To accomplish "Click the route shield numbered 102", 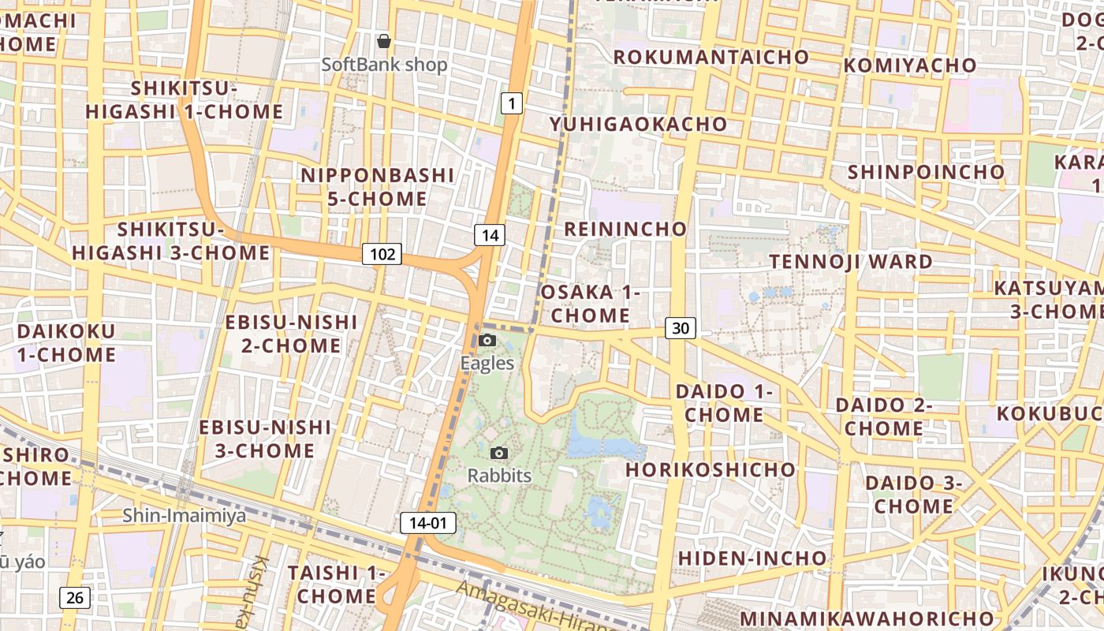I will pos(382,254).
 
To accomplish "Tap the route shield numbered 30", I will pos(681,328).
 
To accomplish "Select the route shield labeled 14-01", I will pos(428,522).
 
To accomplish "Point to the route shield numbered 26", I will pos(75,598).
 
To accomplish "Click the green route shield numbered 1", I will pos(512,103).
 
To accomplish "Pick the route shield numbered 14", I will pos(490,234).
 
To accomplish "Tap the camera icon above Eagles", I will pos(487,340).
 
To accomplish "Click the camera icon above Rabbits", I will pos(499,453).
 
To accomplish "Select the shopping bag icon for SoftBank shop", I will pos(384,41).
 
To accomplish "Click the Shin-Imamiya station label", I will pos(184,516).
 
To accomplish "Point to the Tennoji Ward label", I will pos(851,261).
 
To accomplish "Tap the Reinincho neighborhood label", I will pos(625,229).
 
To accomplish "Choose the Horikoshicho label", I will pos(711,469).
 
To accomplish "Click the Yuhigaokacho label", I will pos(638,124).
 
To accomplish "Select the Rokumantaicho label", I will pos(711,57).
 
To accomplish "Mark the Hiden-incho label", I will pos(752,558).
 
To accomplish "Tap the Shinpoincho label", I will pos(927,171).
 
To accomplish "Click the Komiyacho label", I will pos(910,65).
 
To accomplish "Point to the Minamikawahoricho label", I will pos(867,617).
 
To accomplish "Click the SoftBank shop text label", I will pos(385,65).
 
